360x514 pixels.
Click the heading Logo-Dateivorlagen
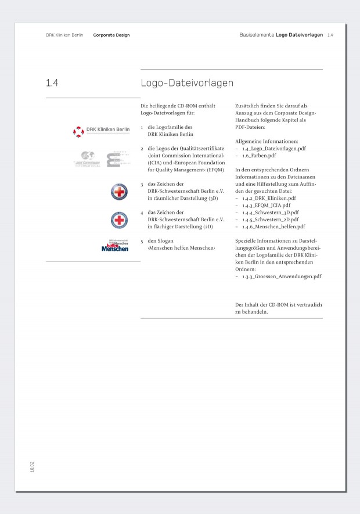pos(187,83)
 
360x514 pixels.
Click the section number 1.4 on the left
pos(52,83)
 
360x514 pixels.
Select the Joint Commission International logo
pos(87,159)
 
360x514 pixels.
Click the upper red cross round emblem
pos(119,192)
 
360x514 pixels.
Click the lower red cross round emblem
pos(119,220)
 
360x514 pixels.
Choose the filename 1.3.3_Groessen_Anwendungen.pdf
pos(282,276)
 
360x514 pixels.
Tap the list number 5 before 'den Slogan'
pos(142,241)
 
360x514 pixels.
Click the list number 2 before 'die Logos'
pos(142,149)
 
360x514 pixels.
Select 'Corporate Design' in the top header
pos(111,35)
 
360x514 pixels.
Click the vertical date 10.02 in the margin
pos(32,467)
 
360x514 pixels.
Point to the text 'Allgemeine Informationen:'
pos(267,141)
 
